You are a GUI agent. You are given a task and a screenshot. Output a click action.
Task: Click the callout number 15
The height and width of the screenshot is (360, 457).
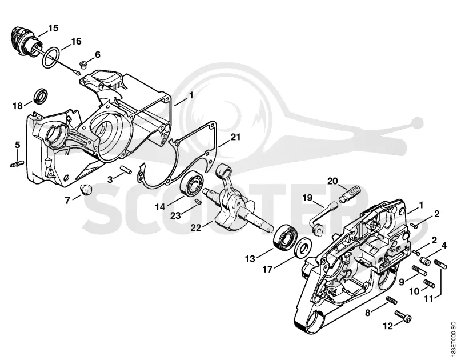pos(53,28)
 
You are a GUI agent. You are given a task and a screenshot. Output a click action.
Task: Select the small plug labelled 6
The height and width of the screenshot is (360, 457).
pos(83,64)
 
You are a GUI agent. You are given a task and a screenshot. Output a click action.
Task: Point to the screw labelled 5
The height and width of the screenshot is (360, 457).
pos(17,163)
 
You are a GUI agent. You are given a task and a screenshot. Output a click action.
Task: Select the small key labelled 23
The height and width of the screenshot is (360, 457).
pos(198,201)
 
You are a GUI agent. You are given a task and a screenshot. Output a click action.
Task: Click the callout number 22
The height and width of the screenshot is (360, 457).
pos(196,227)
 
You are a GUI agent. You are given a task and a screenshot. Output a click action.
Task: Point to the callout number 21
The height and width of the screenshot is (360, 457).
pos(236,137)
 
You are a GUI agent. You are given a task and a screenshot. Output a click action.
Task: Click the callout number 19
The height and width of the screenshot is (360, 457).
pos(307,198)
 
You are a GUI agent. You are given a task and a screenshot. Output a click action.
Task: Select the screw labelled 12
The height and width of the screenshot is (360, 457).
pos(403,316)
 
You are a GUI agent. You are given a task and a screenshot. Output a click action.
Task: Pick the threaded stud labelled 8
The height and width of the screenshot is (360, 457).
pos(392,300)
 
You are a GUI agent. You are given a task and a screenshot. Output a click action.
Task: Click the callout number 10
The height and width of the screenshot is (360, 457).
pos(414,291)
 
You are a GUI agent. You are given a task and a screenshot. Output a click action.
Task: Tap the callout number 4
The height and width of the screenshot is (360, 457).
pos(444,246)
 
